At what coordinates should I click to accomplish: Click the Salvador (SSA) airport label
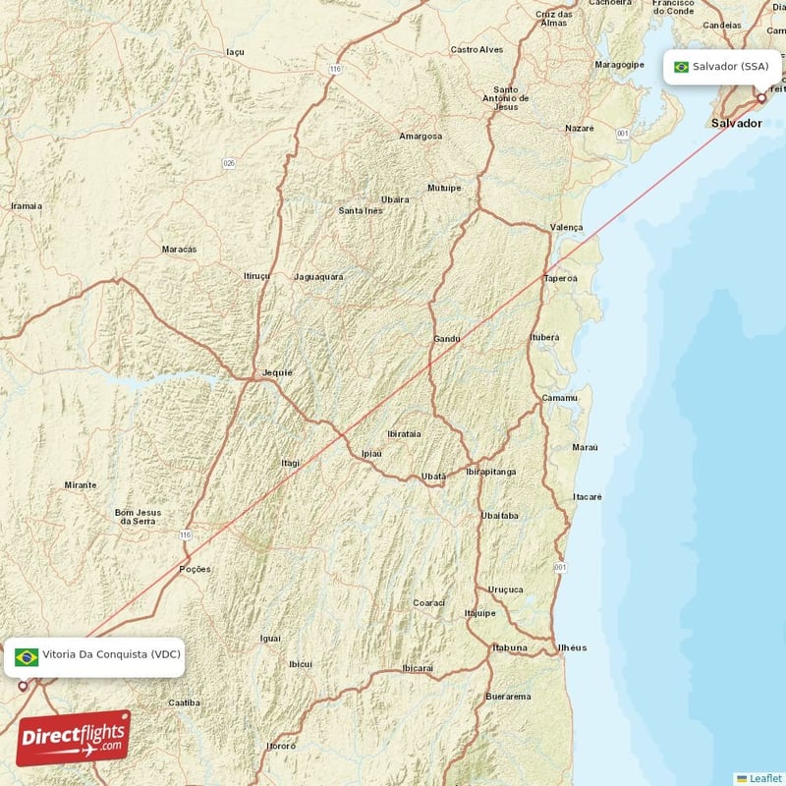(x=730, y=67)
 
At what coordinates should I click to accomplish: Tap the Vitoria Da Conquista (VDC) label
(x=109, y=654)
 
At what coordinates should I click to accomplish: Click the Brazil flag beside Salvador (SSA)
(x=681, y=67)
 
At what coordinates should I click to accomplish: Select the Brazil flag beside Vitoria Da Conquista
(x=27, y=656)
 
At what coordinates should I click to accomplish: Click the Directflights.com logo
(x=73, y=738)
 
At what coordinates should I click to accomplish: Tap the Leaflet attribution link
(x=765, y=778)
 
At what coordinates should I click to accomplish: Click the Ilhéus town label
(x=572, y=647)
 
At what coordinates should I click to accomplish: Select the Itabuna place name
(x=510, y=647)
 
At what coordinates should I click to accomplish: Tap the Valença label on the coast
(x=567, y=227)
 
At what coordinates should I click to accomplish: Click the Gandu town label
(x=447, y=339)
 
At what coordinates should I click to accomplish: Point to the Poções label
(x=195, y=569)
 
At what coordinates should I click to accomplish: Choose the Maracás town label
(x=179, y=250)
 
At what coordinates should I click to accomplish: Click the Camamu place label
(x=559, y=398)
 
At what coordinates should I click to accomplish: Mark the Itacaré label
(x=588, y=496)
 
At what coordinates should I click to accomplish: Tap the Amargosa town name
(x=420, y=136)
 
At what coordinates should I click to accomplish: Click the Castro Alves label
(x=477, y=49)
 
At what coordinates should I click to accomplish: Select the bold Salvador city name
(x=737, y=124)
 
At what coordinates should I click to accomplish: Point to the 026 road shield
(x=229, y=163)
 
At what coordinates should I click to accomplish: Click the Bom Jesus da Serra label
(x=137, y=516)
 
